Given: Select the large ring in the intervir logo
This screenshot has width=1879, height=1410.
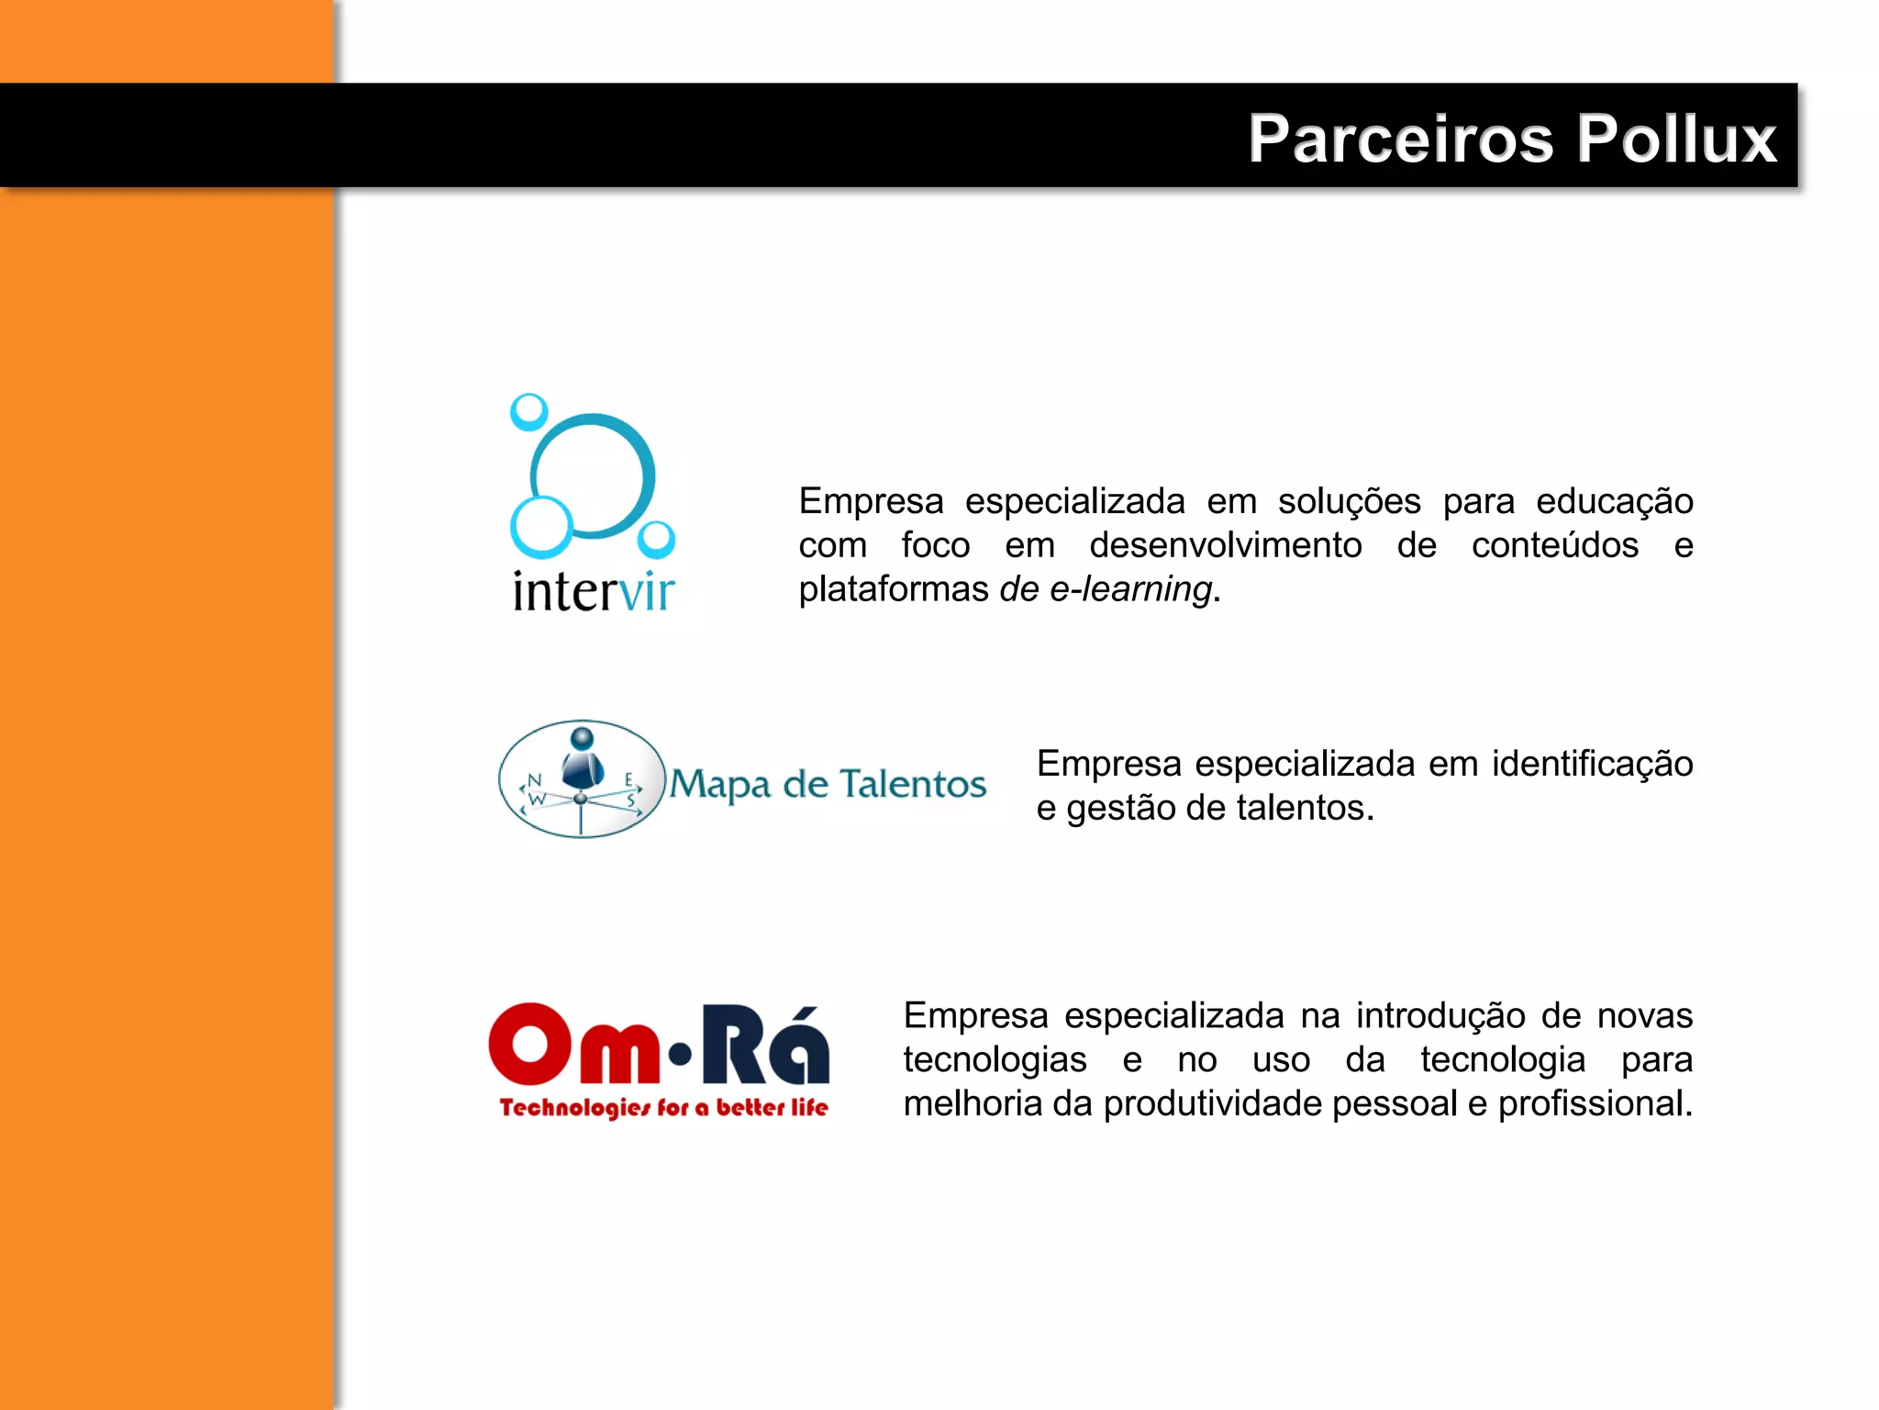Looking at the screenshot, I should tap(593, 475).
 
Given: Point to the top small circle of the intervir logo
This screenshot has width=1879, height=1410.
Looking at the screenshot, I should tap(528, 412).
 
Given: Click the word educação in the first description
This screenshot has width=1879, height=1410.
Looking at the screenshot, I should tap(1614, 502).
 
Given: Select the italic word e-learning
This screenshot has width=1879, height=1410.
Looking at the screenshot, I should tap(1131, 589).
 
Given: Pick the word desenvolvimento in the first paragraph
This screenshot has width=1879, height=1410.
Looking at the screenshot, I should tap(1225, 545).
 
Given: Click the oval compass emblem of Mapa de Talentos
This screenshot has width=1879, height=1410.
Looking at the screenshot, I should tap(582, 778).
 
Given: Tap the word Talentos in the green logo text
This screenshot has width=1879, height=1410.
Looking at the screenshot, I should tap(913, 784).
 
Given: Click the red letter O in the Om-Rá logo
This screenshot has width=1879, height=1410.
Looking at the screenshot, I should tap(530, 1045).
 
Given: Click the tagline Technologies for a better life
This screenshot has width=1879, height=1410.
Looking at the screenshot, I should tap(663, 1107).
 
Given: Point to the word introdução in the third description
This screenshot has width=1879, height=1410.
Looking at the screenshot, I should tap(1442, 1016).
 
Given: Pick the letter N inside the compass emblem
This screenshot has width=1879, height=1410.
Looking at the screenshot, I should tap(534, 780).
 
